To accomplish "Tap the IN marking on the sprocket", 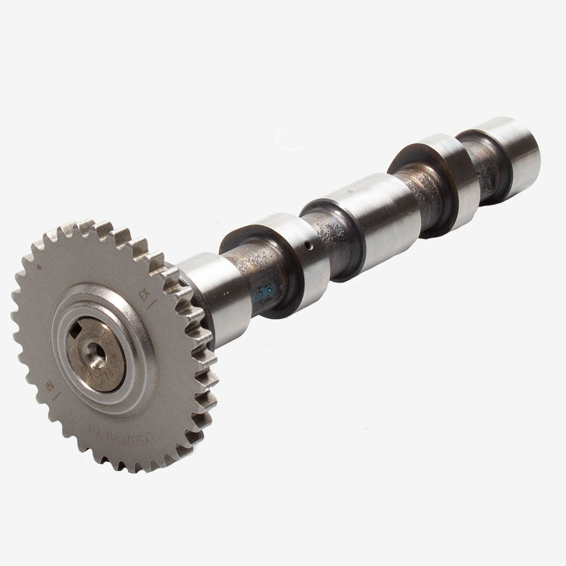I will tap(50, 387).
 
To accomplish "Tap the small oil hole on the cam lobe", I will tap(306, 246).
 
